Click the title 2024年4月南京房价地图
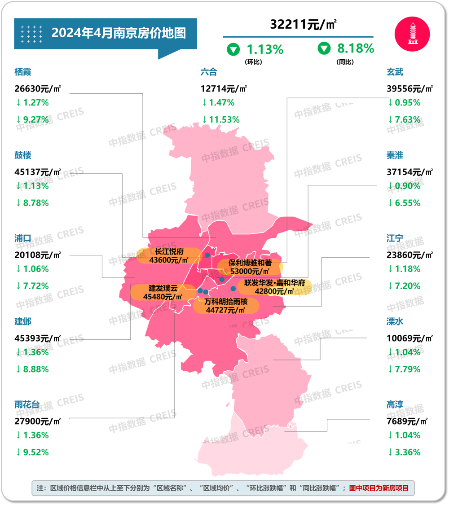point(119,33)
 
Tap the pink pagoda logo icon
point(412,33)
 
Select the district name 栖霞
point(23,72)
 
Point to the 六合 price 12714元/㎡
point(224,89)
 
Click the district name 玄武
point(395,72)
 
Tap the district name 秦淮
point(395,155)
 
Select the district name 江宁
point(395,238)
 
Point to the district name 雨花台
point(27,405)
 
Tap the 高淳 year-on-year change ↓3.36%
point(404,452)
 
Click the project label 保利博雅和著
point(250,263)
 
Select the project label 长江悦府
point(169,251)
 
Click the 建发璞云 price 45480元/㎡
point(163,297)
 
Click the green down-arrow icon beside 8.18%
point(324,48)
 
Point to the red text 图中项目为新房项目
point(379,488)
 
